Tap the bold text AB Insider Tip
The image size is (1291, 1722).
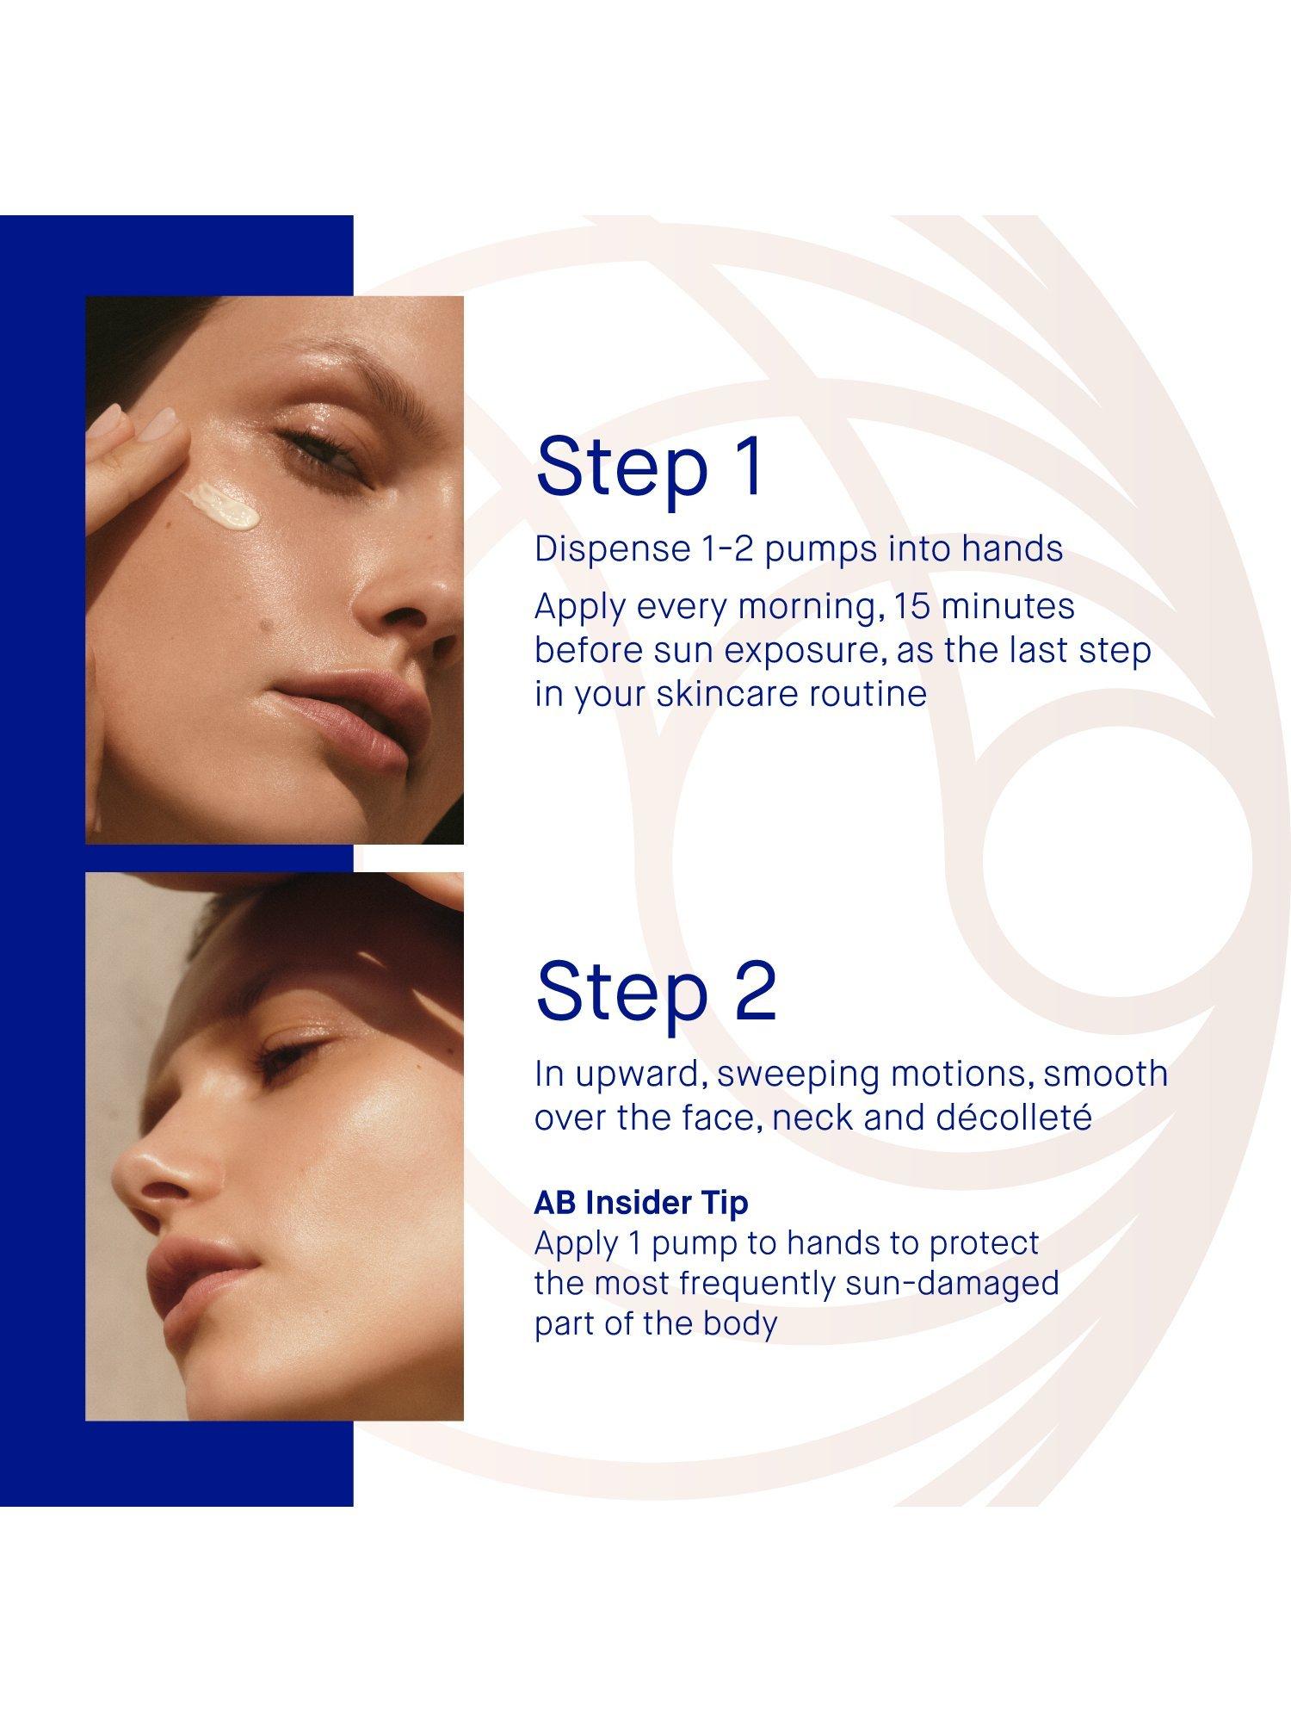pos(641,1203)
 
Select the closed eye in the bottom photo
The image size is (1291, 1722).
pos(288,1055)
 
